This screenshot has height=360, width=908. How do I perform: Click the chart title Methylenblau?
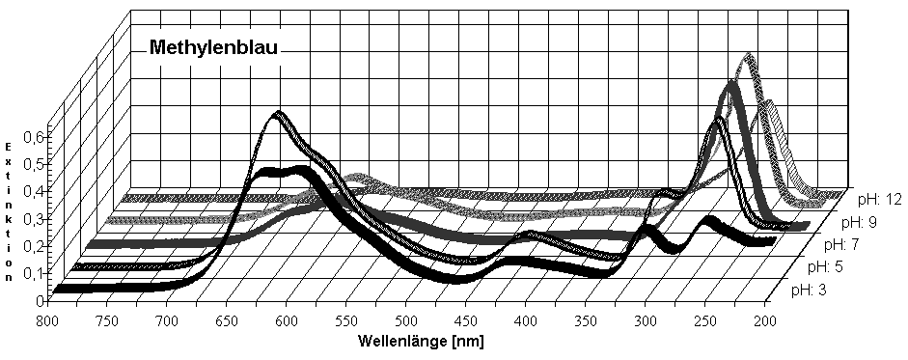(213, 48)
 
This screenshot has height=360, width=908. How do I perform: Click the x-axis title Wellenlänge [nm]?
(421, 342)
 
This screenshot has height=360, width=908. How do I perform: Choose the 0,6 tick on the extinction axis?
(35, 138)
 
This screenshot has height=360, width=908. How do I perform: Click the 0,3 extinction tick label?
(34, 219)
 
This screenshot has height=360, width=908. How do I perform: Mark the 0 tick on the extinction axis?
(42, 299)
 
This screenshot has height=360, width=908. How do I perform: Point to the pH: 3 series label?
(809, 289)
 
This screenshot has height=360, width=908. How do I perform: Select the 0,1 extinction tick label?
(34, 273)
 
